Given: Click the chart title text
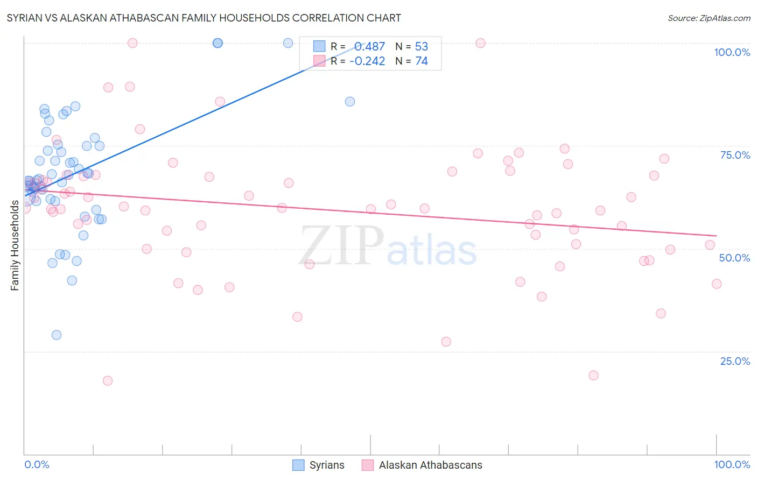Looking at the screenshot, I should coord(204,18).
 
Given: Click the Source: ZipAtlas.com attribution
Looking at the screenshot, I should coord(709,18).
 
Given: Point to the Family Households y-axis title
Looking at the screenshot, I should coord(15,245).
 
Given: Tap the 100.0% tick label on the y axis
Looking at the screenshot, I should coord(732,52).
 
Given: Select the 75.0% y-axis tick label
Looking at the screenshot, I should coord(735,155).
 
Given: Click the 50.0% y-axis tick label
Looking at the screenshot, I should coord(734,258).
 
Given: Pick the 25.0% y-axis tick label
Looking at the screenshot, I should coord(735,361).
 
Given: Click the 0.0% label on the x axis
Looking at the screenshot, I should coord(37,464).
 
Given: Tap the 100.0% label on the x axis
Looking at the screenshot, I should coord(732,464).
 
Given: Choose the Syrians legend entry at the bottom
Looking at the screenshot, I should coord(319,465).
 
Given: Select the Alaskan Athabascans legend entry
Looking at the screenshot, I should coord(422,465).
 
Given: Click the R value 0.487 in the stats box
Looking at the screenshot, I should coord(369,46).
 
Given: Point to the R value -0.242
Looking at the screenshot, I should coord(367,61).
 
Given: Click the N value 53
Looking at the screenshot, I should coord(422,46).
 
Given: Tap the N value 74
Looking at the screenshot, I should coord(422,61).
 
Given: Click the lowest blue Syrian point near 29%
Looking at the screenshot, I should coord(57,335).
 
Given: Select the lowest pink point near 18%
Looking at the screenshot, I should coord(108,380).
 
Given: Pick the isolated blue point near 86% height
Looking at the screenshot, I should coord(350,101).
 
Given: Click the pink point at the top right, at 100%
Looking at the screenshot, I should coord(480,43).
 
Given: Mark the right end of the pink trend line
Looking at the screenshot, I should coord(717,236).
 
